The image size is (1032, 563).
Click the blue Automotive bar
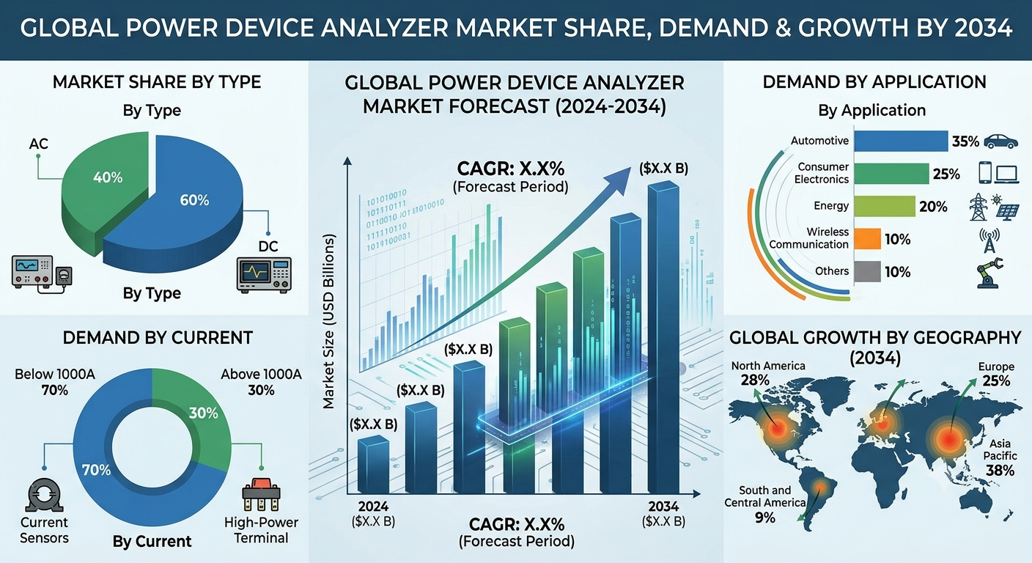[901, 141]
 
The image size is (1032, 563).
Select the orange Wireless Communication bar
[867, 239]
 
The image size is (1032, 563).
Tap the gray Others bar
[867, 272]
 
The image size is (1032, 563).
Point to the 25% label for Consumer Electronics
[946, 174]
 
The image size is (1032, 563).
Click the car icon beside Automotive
[1000, 141]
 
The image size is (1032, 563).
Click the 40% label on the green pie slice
[108, 177]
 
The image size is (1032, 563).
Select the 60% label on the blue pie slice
[194, 200]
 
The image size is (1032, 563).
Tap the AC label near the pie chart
[38, 144]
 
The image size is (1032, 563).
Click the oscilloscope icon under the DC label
[264, 275]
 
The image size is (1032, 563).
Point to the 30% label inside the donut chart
[203, 413]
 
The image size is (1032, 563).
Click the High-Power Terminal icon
[261, 495]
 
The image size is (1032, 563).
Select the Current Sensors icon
[44, 496]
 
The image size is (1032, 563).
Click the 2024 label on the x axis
[373, 507]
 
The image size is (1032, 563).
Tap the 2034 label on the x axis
[663, 507]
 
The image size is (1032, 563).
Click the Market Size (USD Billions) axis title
[328, 322]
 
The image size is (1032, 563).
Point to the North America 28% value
[755, 380]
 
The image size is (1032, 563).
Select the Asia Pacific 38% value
[1000, 471]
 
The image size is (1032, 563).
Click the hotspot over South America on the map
[820, 487]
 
